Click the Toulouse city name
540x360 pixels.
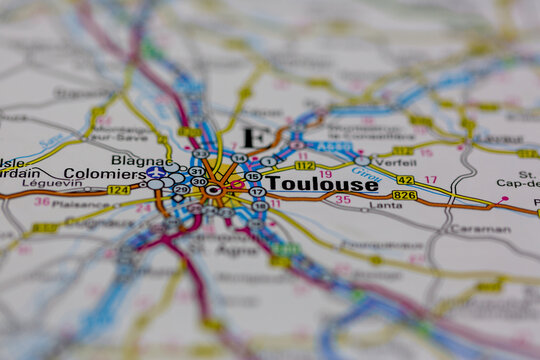323,184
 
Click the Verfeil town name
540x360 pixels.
397,162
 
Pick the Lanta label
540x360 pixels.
387,207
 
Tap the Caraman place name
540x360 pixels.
479,229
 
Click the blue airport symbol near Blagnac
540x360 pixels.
155,172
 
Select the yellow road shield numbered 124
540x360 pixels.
118,190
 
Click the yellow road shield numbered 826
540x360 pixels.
404,195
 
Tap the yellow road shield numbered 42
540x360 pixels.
405,180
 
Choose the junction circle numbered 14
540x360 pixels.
238,159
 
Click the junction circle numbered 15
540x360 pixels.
253,177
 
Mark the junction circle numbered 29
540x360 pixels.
181,189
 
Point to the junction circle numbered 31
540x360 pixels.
196,171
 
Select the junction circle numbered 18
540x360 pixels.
260,206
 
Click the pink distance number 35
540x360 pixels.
342,200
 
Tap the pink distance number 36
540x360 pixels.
42,202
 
